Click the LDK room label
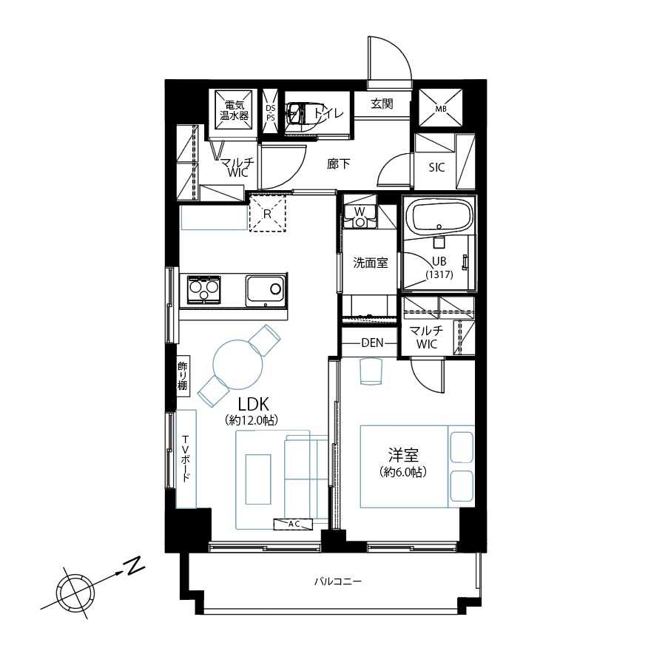tap(253, 404)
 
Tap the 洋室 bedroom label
tap(403, 456)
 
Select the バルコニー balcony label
tap(337, 581)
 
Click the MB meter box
tap(440, 107)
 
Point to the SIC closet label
tap(436, 168)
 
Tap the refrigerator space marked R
tap(267, 212)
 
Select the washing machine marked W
tap(360, 217)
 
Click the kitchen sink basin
tap(265, 291)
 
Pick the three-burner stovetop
tap(203, 289)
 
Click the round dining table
tap(238, 365)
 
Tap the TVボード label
tap(186, 459)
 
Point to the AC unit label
tap(293, 524)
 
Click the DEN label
tap(372, 343)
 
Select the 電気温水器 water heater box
tap(235, 110)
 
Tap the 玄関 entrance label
tap(382, 104)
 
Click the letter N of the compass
tap(134, 567)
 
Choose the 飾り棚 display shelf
tap(183, 376)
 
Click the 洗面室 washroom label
tap(371, 263)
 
